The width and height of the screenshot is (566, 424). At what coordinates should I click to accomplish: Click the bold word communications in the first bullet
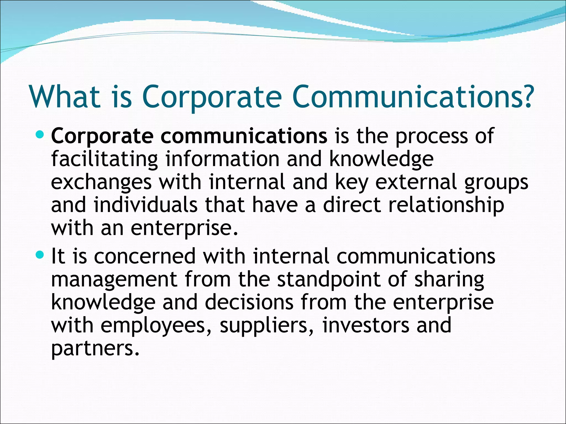click(x=244, y=136)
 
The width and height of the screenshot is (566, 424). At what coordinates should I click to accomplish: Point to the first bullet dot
click(x=40, y=135)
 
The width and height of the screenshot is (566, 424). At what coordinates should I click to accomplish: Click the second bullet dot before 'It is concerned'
click(x=40, y=255)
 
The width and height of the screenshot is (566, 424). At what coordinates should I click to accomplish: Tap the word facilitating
click(x=104, y=160)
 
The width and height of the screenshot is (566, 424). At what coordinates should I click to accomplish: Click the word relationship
click(x=446, y=206)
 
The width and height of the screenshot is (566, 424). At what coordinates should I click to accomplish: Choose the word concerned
click(x=145, y=256)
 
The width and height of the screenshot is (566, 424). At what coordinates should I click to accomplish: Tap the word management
click(x=114, y=280)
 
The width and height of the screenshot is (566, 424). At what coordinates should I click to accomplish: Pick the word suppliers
click(x=266, y=326)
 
